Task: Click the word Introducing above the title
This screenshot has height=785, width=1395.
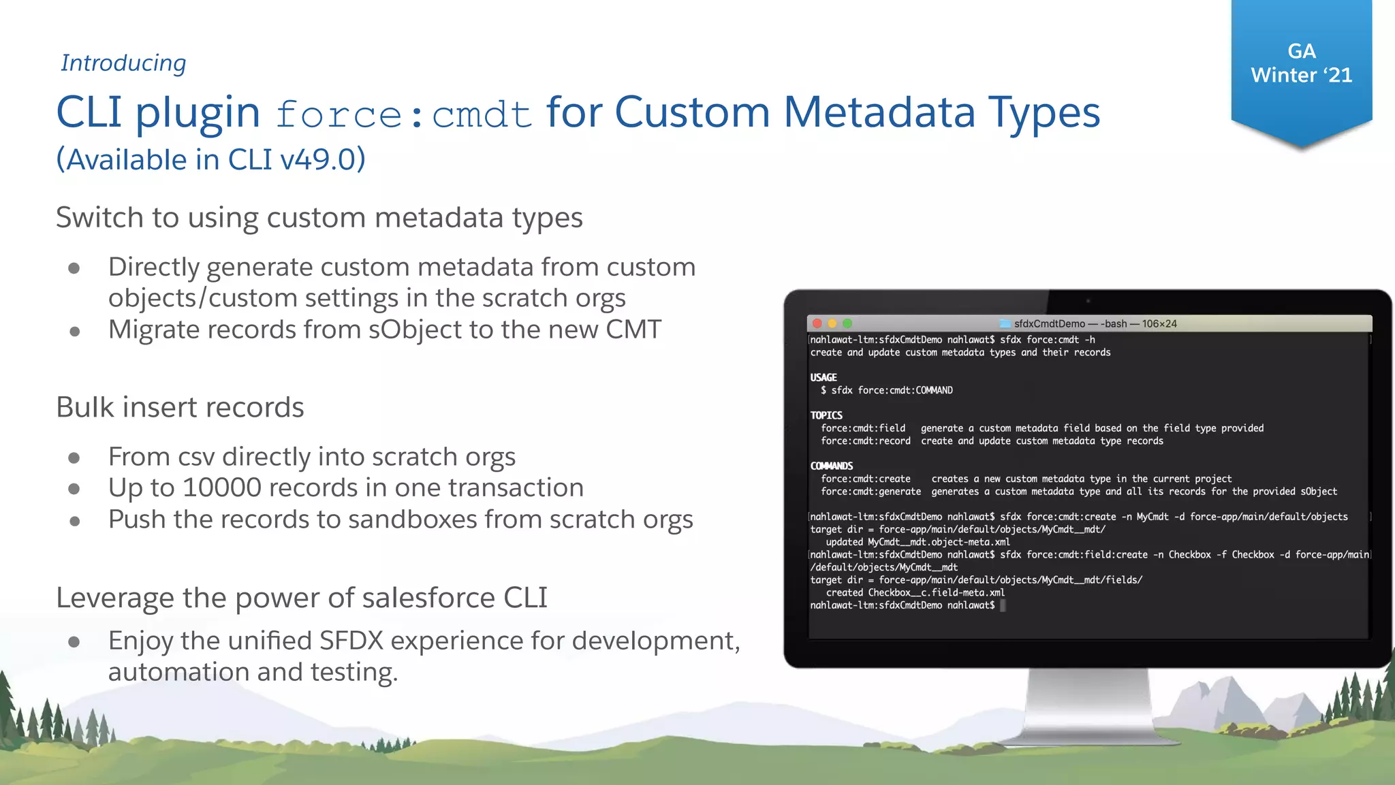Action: pyautogui.click(x=123, y=63)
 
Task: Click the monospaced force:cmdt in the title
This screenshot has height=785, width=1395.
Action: pyautogui.click(x=403, y=114)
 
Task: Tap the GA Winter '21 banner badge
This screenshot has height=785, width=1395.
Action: pyautogui.click(x=1301, y=65)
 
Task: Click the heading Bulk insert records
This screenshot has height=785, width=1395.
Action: pyautogui.click(x=180, y=407)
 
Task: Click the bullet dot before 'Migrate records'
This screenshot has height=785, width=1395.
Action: pyautogui.click(x=75, y=332)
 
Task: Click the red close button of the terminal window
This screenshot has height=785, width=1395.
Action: pyautogui.click(x=817, y=323)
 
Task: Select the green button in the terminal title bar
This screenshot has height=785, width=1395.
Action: pyautogui.click(x=847, y=323)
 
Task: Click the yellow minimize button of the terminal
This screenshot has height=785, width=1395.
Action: pyautogui.click(x=832, y=323)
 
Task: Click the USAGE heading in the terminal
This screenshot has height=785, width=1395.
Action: pyautogui.click(x=824, y=377)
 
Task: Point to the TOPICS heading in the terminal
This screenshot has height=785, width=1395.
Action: pyautogui.click(x=826, y=415)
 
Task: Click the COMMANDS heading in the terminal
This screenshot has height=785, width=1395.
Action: pyautogui.click(x=831, y=466)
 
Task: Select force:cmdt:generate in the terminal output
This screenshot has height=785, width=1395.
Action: pyautogui.click(x=871, y=492)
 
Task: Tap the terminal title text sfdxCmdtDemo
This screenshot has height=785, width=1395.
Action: pyautogui.click(x=1049, y=323)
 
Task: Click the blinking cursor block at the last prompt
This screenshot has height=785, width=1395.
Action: pyautogui.click(x=1003, y=605)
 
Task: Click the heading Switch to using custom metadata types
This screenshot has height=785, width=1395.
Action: pyautogui.click(x=319, y=218)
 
